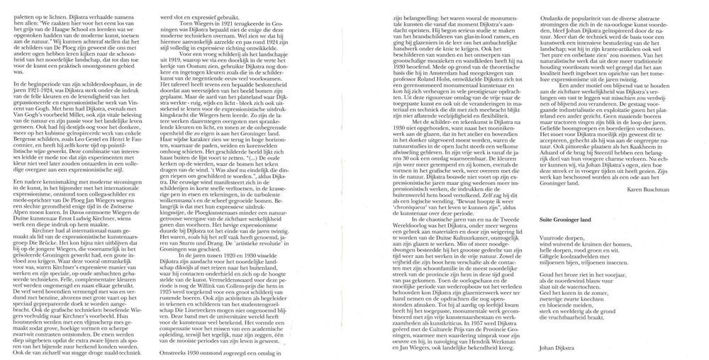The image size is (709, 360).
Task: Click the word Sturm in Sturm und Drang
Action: click(x=206, y=261)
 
